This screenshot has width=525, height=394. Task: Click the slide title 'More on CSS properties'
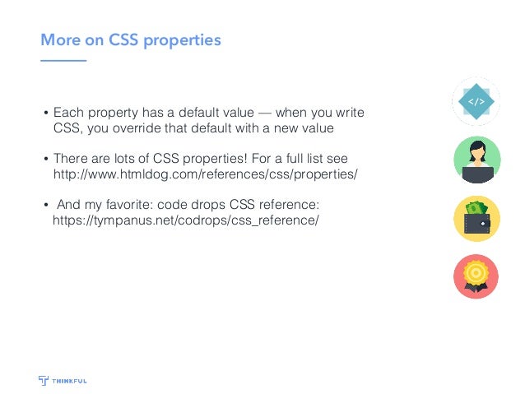click(x=131, y=39)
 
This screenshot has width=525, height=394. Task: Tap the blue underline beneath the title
click(x=63, y=61)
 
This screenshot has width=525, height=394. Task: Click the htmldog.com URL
click(x=206, y=174)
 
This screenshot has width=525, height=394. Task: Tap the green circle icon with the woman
click(x=476, y=160)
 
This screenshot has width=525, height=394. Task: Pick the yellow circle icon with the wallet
click(x=476, y=218)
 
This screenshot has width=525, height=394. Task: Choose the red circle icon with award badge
click(x=476, y=276)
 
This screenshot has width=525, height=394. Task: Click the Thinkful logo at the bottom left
click(x=63, y=380)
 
